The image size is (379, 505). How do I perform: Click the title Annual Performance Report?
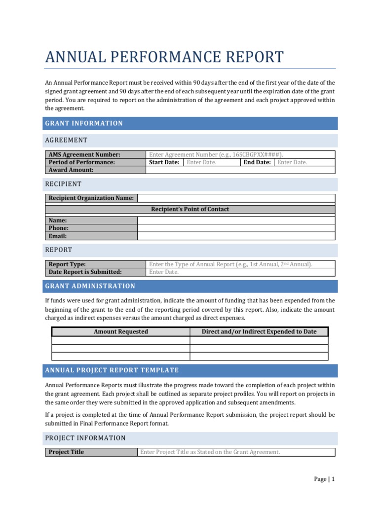164,57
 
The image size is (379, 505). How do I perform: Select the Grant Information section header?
84,123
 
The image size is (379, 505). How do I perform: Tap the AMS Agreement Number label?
84,154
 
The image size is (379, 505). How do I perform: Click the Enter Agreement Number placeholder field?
216,154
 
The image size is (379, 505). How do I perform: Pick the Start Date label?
164,162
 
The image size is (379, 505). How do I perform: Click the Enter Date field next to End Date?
292,162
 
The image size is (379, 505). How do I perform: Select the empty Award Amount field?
240,170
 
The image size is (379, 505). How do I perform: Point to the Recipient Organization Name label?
91,198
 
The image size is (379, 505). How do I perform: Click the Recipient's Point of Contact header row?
190,209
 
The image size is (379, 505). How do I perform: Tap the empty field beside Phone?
236,228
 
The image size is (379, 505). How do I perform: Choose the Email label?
57,236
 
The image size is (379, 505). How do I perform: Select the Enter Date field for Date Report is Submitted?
164,272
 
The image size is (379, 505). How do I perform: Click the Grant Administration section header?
90,286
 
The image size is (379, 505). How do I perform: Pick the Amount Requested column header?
121,331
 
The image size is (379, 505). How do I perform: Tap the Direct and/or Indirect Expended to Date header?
259,331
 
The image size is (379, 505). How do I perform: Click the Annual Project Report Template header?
112,370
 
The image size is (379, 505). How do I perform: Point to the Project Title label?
66,452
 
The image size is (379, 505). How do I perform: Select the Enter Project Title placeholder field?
210,452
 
